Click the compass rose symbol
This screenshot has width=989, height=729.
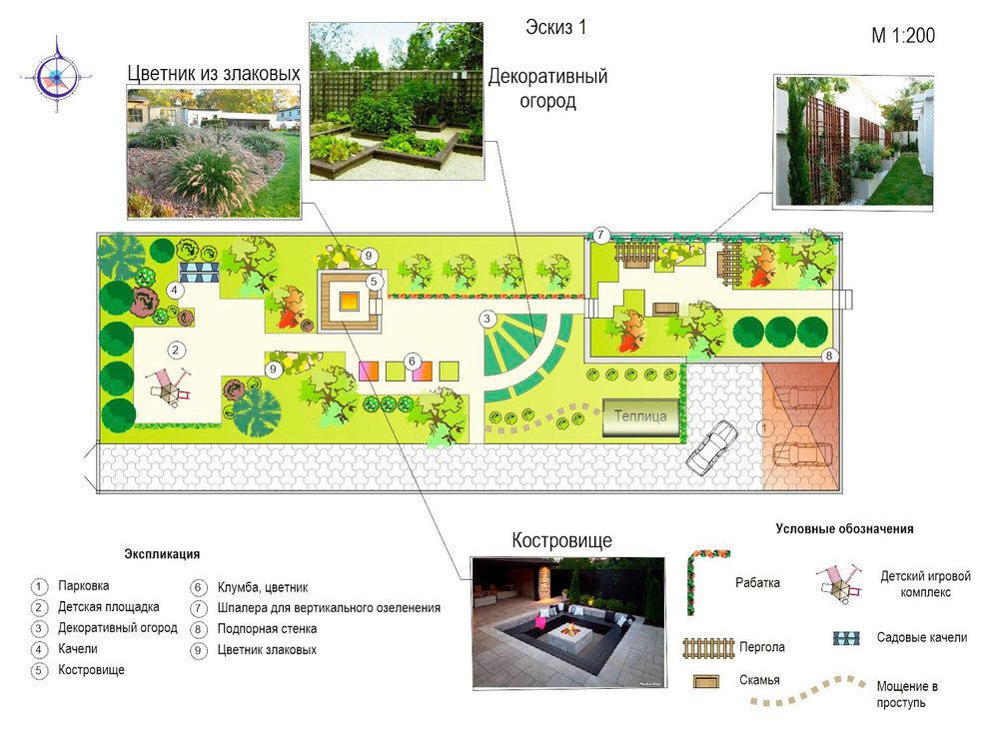[57, 76]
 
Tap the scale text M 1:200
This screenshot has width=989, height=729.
[903, 36]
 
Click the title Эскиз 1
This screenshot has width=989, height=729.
[555, 27]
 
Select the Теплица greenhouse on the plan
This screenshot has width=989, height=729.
[640, 416]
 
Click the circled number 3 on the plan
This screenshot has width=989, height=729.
[487, 320]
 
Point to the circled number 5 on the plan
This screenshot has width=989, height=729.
[374, 282]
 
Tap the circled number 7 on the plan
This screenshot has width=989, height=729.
[600, 236]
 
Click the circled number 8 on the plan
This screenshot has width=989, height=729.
[829, 356]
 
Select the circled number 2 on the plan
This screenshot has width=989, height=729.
[176, 350]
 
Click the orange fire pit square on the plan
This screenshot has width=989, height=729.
[349, 302]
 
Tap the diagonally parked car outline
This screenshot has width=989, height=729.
[712, 447]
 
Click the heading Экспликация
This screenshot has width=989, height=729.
[162, 554]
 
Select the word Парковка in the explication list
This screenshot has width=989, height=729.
[83, 586]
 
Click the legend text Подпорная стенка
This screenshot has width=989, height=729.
[267, 629]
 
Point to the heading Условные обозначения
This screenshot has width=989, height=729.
[844, 529]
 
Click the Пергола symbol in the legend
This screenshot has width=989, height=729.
[709, 648]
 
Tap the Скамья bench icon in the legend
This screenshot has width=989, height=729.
[706, 681]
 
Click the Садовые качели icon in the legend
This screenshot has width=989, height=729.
[846, 638]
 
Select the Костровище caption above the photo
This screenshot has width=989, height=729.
[561, 540]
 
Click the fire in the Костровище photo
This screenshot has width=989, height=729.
[569, 629]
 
